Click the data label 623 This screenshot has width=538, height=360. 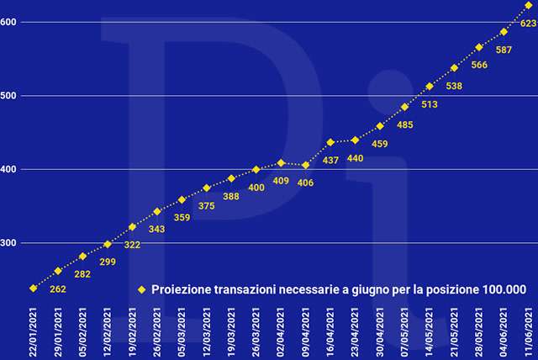pyautogui.click(x=529, y=24)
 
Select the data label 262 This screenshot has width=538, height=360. pyautogui.click(x=58, y=289)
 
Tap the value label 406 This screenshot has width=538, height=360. pyautogui.click(x=305, y=183)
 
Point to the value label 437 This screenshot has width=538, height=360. pyautogui.click(x=331, y=160)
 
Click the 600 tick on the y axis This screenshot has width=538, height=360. pyautogui.click(x=8, y=22)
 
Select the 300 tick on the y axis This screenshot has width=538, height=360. pyautogui.click(x=8, y=243)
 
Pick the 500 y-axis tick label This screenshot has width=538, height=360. pyautogui.click(x=8, y=96)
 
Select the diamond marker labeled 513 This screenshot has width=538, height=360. pyautogui.click(x=430, y=86)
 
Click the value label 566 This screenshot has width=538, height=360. pyautogui.click(x=479, y=65)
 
